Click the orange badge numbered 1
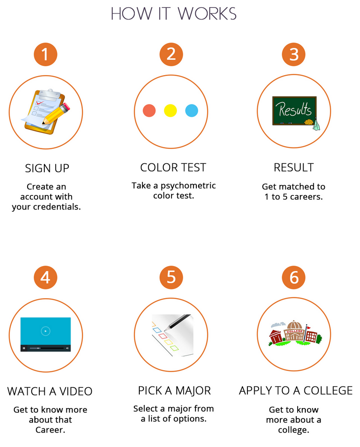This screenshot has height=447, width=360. tap(46, 54)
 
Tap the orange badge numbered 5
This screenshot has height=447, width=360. tap(171, 277)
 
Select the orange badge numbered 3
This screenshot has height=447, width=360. tap(294, 54)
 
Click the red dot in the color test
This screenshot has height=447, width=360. tap(149, 110)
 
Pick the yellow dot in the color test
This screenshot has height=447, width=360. tap(171, 110)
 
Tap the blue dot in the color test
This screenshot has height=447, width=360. tap(192, 110)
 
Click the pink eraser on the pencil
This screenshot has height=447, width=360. tap(66, 108)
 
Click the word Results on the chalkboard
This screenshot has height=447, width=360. tap(295, 109)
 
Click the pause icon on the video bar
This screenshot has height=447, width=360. tap(24, 348)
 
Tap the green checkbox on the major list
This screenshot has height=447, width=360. tap(175, 348)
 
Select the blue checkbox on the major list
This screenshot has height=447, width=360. tap(157, 330)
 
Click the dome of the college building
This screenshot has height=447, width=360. tap(295, 325)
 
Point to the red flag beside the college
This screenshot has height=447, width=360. tap(308, 328)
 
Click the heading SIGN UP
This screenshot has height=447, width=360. tap(47, 168)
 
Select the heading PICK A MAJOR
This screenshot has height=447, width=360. tap(175, 390)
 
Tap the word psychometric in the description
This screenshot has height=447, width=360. tap(188, 186)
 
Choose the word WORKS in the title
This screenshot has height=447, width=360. tap(207, 14)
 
